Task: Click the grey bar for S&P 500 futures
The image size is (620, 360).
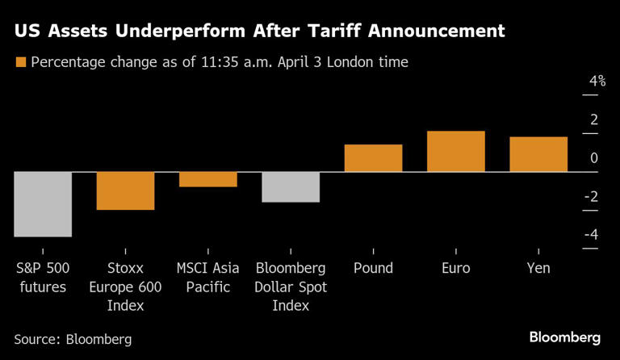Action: pos(43,204)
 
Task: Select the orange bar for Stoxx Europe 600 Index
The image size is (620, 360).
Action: pos(125,190)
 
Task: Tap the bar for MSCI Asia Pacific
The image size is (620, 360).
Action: pos(208,179)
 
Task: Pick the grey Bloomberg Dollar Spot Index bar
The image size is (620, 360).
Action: pos(291,186)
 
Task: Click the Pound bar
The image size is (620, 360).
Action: pos(373,158)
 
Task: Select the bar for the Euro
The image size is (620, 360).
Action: pos(455,152)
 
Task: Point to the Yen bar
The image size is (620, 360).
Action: pos(538,154)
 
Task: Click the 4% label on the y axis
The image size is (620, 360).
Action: pos(597,82)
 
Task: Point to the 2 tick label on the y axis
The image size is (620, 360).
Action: pos(594,119)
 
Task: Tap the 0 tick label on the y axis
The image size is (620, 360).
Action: pos(594,158)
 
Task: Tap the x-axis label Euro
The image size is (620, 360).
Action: pos(455,268)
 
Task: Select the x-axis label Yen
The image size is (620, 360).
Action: pos(538,268)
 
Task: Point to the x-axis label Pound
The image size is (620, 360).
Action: pos(373,268)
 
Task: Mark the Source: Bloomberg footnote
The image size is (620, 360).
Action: pos(73,339)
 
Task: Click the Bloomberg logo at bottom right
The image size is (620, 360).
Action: pos(564,337)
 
